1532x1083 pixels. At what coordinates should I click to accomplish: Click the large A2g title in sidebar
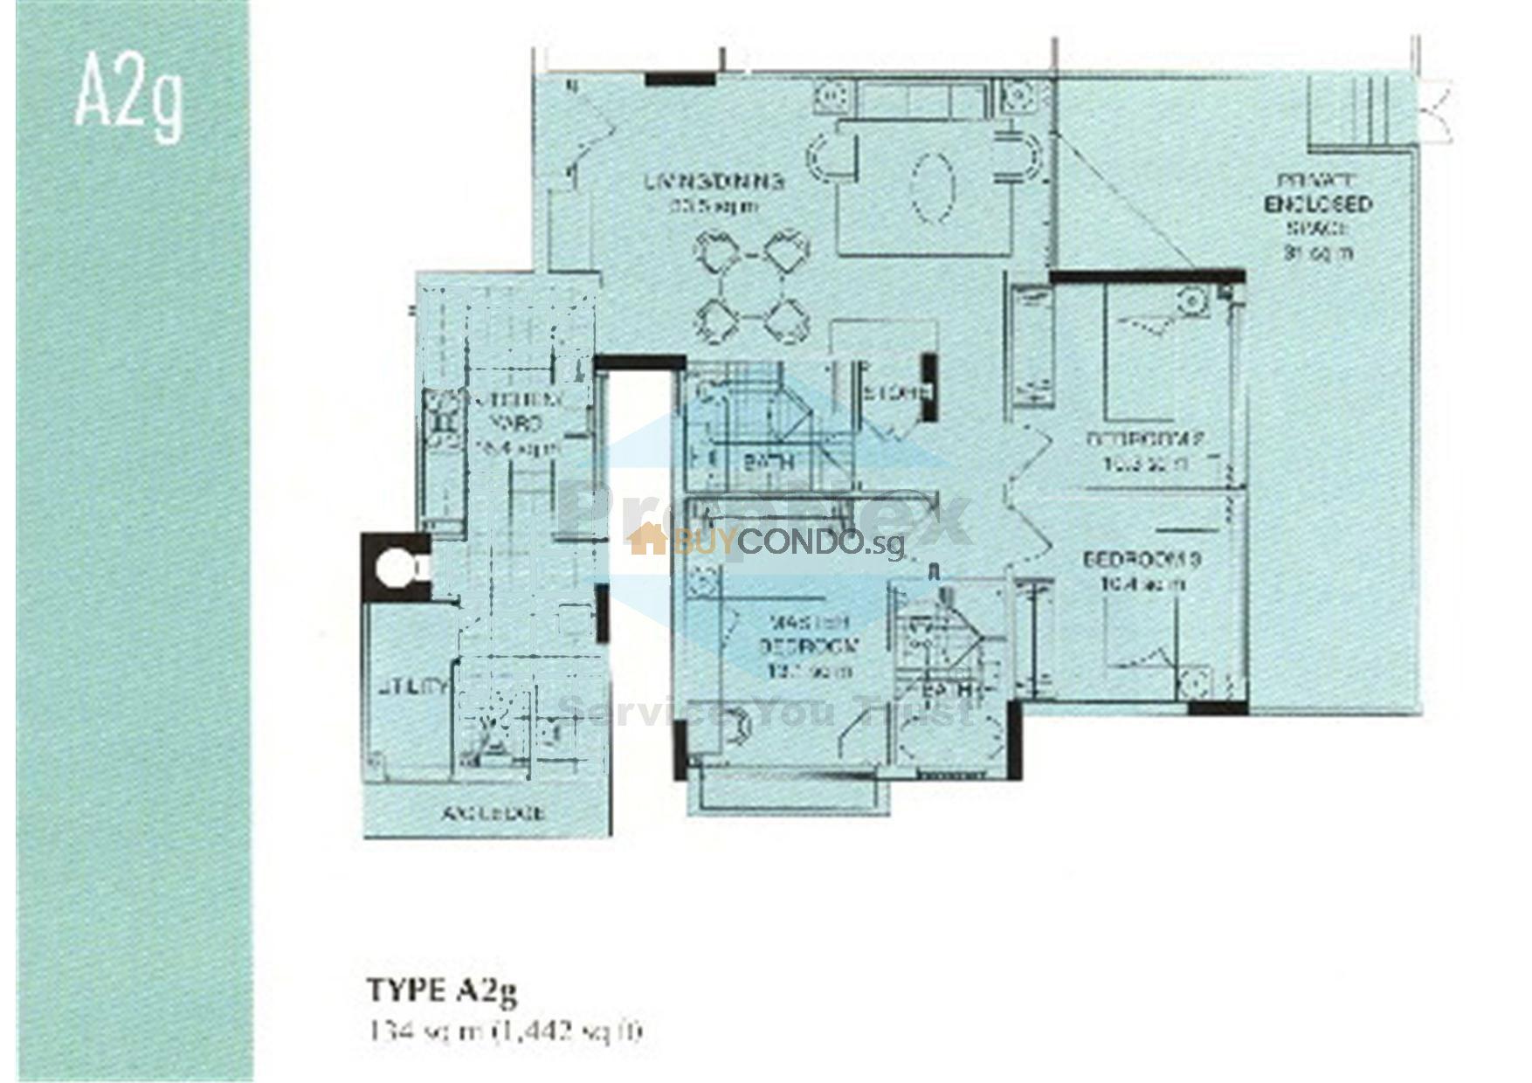tap(129, 93)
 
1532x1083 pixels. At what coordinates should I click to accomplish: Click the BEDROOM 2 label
tap(1146, 450)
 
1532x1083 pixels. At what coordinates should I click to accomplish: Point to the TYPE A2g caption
tap(442, 990)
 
